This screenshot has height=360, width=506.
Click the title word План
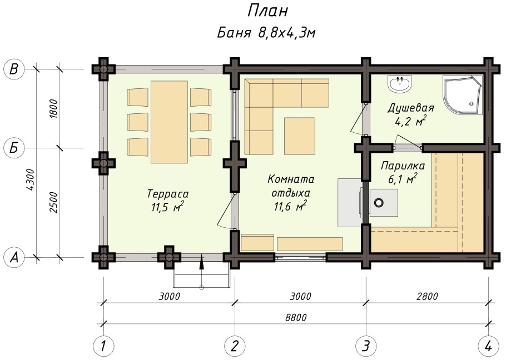tap(267, 11)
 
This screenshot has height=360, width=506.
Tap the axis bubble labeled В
tap(13, 69)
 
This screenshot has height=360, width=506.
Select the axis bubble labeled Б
tap(13, 148)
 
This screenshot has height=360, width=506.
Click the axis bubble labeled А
tap(13, 257)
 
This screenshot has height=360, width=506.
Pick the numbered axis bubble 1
tap(103, 347)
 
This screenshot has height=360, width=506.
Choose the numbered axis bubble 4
tap(489, 347)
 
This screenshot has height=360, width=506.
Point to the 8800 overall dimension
tap(296, 318)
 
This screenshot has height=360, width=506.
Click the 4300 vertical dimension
tap(31, 179)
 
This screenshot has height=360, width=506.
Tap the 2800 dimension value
tap(427, 296)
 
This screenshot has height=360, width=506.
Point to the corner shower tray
tap(463, 95)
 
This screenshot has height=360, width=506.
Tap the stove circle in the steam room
tap(379, 203)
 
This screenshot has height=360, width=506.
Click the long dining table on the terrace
tap(170, 122)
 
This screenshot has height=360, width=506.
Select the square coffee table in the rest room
tap(300, 136)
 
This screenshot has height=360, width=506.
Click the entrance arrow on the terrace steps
tap(202, 271)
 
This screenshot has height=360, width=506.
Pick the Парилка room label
tap(403, 166)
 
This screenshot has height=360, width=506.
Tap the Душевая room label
tap(410, 107)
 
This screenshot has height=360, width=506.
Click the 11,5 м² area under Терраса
tap(168, 207)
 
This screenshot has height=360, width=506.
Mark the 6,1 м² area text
tap(402, 179)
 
